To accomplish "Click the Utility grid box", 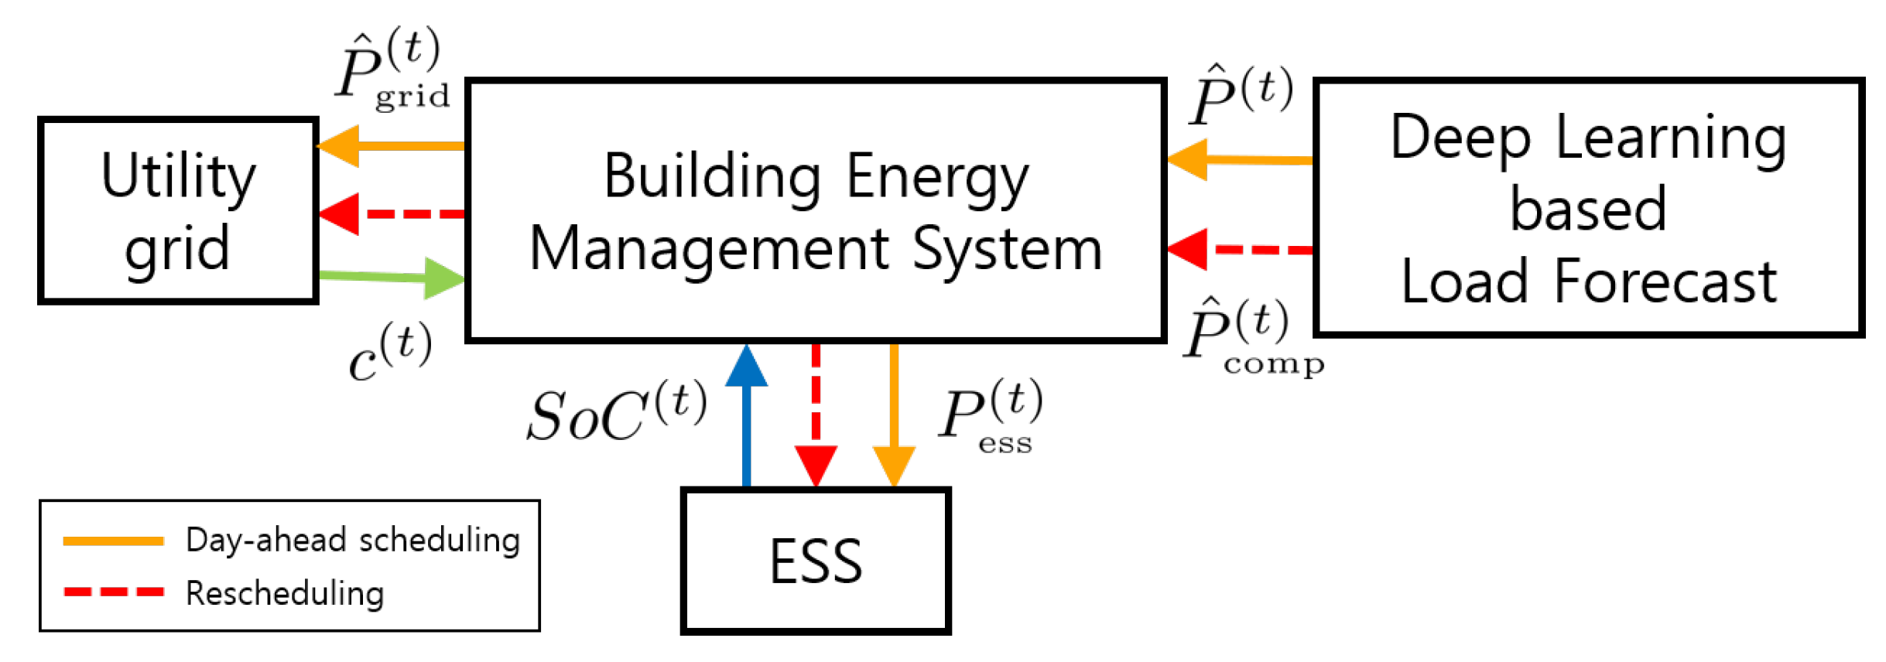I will pyautogui.click(x=178, y=210).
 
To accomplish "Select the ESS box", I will pyautogui.click(x=815, y=561).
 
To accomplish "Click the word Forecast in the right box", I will pyautogui.click(x=1664, y=282).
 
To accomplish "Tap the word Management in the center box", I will pyautogui.click(x=708, y=250).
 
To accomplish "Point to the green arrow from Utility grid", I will pyautogui.click(x=391, y=276).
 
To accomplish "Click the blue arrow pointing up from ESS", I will pyautogui.click(x=746, y=418).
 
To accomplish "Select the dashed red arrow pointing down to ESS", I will pyautogui.click(x=816, y=418).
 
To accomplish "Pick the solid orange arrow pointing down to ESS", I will pyautogui.click(x=894, y=418).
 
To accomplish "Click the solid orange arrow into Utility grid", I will pyautogui.click(x=391, y=145).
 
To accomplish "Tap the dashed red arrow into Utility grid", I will pyautogui.click(x=391, y=213).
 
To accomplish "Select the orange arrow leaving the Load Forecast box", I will pyautogui.click(x=1238, y=160).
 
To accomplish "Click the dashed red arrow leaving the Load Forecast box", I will pyautogui.click(x=1238, y=250).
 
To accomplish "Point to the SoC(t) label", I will pyautogui.click(x=615, y=414).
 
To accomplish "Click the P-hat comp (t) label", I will pyautogui.click(x=1250, y=336).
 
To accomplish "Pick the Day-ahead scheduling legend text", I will pyautogui.click(x=352, y=541).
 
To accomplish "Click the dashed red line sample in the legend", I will pyautogui.click(x=114, y=592).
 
